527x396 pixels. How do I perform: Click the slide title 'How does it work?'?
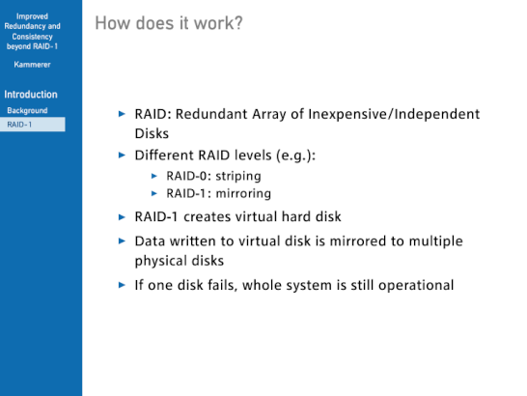169,23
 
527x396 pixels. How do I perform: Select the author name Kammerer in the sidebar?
32,65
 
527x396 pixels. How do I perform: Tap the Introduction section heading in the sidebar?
31,95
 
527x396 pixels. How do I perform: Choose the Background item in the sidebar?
27,110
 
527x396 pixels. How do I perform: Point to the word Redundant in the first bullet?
211,114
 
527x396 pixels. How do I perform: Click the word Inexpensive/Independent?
394,114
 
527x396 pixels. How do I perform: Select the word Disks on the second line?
152,133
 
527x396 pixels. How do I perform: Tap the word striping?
238,177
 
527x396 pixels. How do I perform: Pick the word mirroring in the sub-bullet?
243,193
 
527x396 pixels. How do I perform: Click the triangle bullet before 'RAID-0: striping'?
154,176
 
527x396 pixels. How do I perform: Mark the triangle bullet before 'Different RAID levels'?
122,156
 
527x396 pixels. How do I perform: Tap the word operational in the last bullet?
416,286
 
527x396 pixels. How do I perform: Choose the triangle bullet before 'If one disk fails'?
122,285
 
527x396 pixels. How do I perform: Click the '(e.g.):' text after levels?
295,156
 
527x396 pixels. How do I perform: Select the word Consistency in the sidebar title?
32,37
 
